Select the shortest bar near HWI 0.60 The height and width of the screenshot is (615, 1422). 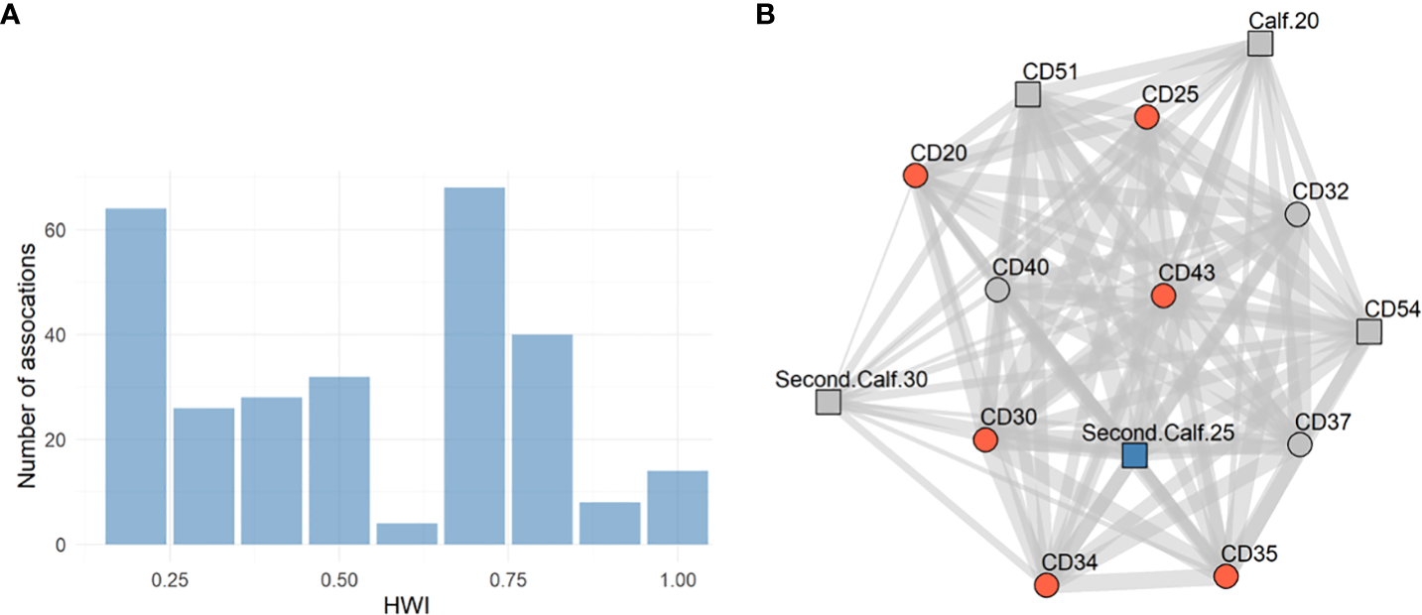click(x=407, y=534)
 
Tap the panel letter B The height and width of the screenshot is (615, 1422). click(x=766, y=15)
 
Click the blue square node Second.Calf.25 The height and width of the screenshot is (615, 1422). click(x=1134, y=455)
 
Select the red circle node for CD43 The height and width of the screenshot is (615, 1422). click(x=1163, y=296)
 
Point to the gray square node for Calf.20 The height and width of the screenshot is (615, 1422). click(x=1259, y=44)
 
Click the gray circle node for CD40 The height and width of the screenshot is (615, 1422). click(x=997, y=290)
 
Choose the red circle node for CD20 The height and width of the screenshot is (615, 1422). click(x=915, y=176)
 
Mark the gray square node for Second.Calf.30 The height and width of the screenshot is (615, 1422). click(x=829, y=402)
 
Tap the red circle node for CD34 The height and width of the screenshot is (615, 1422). click(x=1046, y=585)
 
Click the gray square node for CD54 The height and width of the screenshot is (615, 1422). click(x=1368, y=332)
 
